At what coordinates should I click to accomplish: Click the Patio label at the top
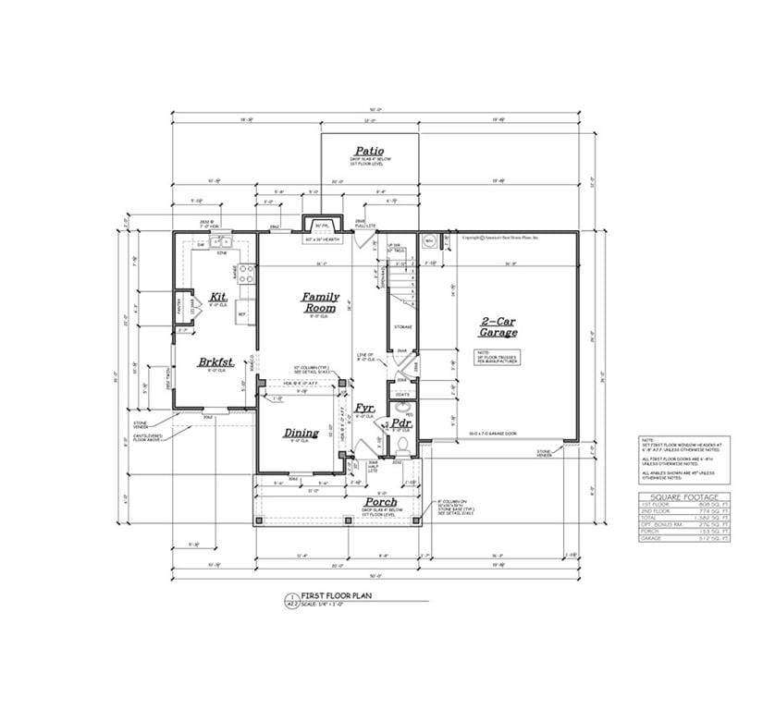tap(369, 151)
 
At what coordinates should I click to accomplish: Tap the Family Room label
tap(321, 302)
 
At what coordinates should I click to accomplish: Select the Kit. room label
tap(218, 297)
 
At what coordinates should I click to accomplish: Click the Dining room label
tap(301, 433)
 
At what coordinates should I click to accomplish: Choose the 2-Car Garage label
tap(498, 327)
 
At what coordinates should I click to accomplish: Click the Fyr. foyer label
tap(366, 407)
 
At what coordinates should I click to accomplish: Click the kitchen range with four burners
tap(247, 274)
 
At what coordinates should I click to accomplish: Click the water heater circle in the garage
tap(428, 241)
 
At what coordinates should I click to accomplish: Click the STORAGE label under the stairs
tap(402, 327)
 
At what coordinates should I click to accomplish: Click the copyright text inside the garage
tap(505, 238)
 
